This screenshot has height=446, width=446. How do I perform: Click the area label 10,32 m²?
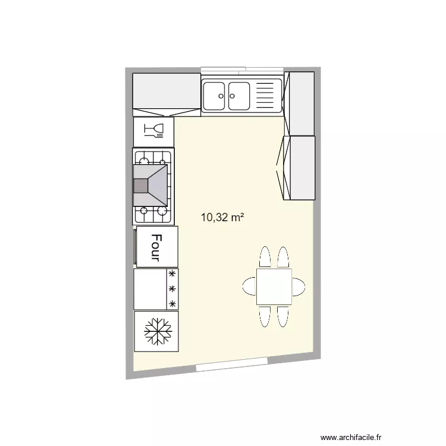point(222,218)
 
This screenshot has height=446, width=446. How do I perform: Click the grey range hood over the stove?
point(151,186)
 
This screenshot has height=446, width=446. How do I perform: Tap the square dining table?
point(274,287)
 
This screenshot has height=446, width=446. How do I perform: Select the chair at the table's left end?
point(249,287)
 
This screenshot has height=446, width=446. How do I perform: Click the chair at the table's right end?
point(299,287)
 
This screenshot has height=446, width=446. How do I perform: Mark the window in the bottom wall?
point(232,366)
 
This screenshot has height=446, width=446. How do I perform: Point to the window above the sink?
point(241,70)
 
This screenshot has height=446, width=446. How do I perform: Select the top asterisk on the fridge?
point(172,274)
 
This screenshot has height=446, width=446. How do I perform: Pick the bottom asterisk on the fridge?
point(172,304)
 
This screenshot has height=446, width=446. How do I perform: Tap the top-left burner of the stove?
point(145,159)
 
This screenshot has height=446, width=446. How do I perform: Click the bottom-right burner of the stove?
point(161,210)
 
